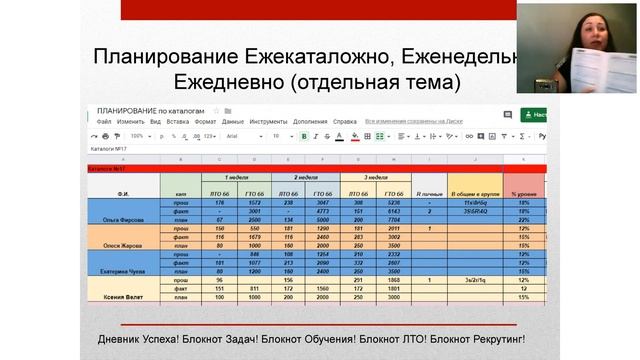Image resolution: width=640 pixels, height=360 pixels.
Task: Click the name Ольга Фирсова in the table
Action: (x=124, y=216)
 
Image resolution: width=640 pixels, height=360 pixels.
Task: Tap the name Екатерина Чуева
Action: (x=124, y=270)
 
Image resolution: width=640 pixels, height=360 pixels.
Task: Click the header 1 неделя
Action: (x=236, y=177)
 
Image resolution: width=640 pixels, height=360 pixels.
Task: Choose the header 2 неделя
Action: (x=305, y=177)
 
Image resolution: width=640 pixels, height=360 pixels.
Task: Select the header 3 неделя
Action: (x=374, y=177)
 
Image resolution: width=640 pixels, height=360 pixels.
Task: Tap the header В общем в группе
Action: (x=474, y=191)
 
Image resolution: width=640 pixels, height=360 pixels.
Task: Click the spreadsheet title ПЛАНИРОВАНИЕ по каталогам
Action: (x=150, y=110)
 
